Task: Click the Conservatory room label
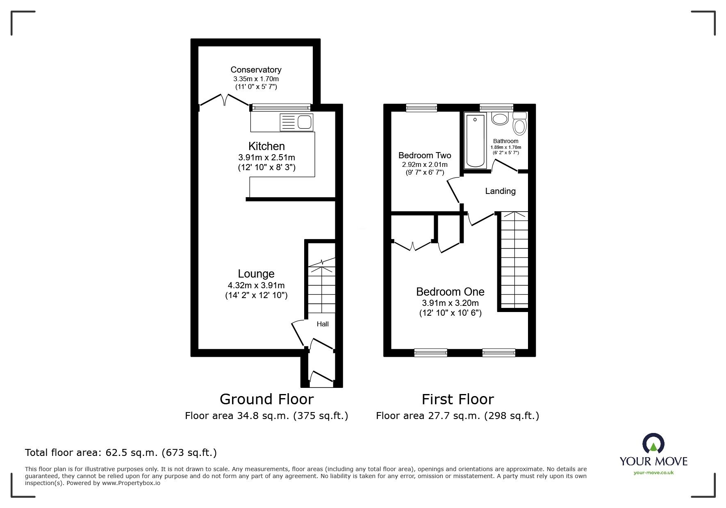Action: [x=256, y=70]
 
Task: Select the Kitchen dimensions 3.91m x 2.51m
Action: [x=266, y=157]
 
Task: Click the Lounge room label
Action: [x=256, y=273]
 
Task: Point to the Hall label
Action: [x=323, y=324]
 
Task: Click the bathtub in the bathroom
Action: [x=475, y=140]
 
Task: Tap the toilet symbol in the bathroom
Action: [x=520, y=124]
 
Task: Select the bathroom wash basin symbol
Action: [x=500, y=119]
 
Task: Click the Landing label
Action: [x=500, y=191]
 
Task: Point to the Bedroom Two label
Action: [x=425, y=155]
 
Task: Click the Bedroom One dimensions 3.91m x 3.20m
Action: [x=450, y=303]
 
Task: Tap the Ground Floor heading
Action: [x=266, y=399]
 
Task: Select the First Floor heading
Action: [x=457, y=399]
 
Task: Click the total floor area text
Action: [x=121, y=453]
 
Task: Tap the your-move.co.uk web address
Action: [x=653, y=473]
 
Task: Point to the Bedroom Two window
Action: [x=421, y=108]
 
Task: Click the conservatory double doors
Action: [x=225, y=100]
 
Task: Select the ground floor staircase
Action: [x=322, y=289]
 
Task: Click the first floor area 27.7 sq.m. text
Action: [x=457, y=416]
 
